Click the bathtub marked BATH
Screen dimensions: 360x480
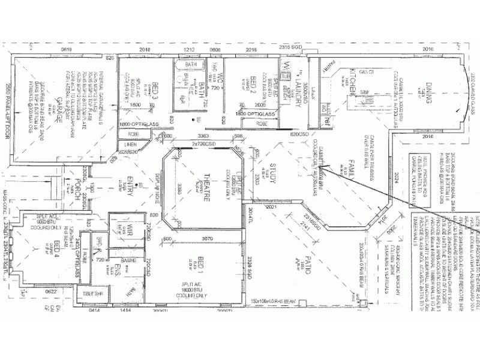(x=191, y=64)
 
